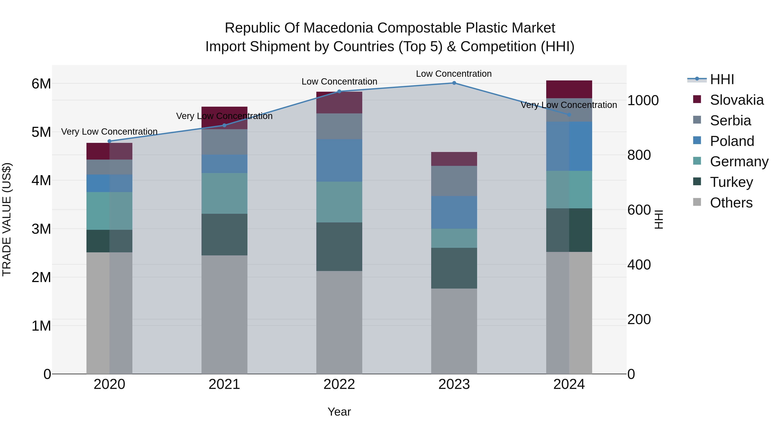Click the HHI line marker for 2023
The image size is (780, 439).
454,83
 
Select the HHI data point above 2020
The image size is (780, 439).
110,141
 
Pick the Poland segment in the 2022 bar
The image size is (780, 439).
339,161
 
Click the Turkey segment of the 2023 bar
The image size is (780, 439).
454,268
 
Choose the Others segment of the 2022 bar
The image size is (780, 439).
339,322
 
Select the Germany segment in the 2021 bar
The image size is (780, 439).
224,193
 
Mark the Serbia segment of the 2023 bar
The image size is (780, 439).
454,181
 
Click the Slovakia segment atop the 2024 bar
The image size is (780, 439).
569,89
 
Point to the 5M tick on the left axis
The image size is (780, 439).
41,132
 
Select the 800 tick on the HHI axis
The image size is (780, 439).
639,155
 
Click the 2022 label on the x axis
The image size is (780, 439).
339,384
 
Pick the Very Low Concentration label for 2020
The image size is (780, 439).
109,132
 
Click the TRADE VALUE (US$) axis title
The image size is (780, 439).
7,219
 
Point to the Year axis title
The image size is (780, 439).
339,412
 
